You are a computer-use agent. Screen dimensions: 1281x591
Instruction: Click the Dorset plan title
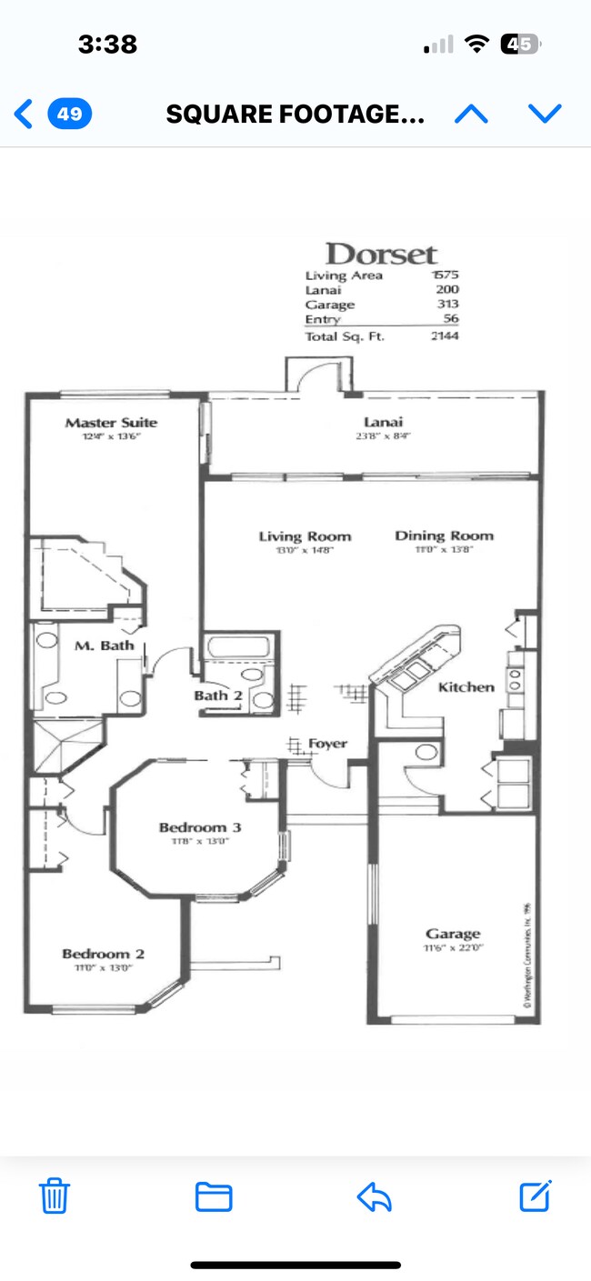[x=381, y=254]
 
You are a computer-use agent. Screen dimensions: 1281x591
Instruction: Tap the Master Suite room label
[x=111, y=423]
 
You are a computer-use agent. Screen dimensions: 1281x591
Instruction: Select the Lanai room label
[x=383, y=422]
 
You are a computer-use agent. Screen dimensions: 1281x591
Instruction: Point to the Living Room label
[x=305, y=536]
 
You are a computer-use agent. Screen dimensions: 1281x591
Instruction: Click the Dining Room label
[x=444, y=535]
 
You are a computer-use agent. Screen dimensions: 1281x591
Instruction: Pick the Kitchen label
[x=466, y=687]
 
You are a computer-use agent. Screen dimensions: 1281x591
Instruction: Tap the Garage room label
[x=453, y=934]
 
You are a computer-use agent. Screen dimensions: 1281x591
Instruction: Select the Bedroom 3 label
[x=200, y=827]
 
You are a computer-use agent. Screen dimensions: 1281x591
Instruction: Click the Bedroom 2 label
[x=103, y=954]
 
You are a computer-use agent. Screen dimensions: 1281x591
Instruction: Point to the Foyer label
[x=327, y=744]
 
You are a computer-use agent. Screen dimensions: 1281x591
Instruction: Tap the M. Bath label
[x=105, y=646]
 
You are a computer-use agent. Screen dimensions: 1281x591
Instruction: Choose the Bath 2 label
[x=217, y=696]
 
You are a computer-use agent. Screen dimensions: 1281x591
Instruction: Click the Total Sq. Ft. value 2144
[x=445, y=336]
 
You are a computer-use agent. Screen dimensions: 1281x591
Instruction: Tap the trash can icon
[x=55, y=1196]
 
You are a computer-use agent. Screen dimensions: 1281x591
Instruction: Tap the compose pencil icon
[x=536, y=1196]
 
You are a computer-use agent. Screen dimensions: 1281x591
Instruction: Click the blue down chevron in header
[x=545, y=114]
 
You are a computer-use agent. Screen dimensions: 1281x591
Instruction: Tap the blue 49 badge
[x=70, y=115]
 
